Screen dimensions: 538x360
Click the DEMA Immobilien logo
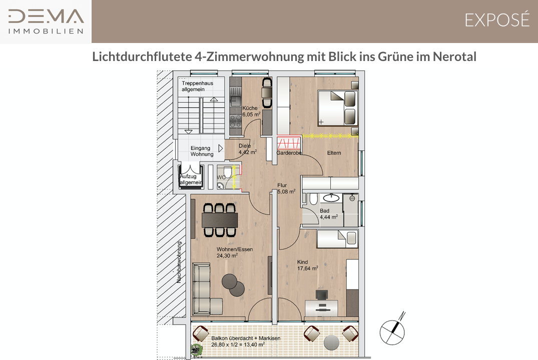point(46,21)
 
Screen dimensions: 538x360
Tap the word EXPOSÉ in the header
point(497,20)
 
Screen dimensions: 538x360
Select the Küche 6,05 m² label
point(251,111)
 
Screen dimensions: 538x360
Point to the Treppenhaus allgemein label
point(197,86)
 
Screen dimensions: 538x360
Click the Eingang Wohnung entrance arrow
point(221,148)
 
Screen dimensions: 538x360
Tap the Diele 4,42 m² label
point(247,149)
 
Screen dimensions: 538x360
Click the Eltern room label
point(334,153)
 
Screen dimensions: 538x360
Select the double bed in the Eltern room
point(338,108)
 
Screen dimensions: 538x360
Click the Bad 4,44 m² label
point(329,214)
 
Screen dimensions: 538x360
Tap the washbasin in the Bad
point(331,197)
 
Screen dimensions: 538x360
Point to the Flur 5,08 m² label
point(286,188)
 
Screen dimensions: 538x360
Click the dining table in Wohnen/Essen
point(220,220)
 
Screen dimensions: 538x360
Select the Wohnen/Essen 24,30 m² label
point(235,252)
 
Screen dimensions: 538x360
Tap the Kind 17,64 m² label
point(307,265)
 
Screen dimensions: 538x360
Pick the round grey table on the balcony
point(331,342)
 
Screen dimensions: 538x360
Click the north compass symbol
point(393,330)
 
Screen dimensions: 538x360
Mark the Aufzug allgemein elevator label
point(191,179)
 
